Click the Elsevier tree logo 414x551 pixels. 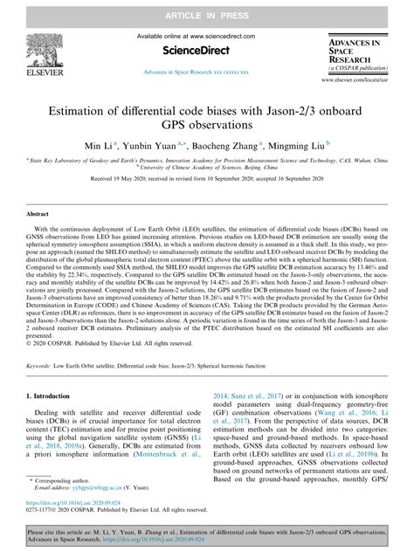pos(44,49)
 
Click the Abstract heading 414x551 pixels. pos(37,212)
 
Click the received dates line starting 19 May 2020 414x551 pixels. pos(207,177)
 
